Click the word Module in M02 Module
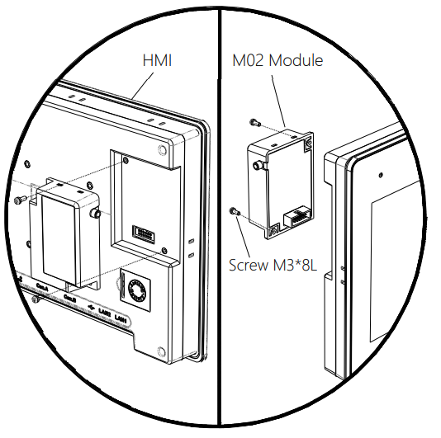[x=295, y=60]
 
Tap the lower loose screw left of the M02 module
[x=236, y=212]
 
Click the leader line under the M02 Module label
[x=280, y=99]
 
